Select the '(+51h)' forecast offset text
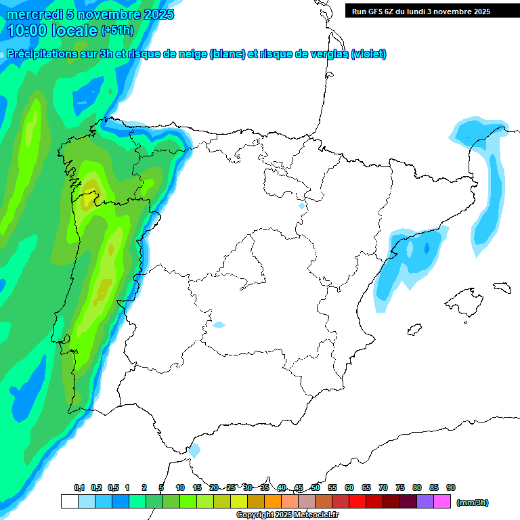click(117, 30)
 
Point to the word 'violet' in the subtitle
click(368, 54)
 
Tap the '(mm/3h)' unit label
click(472, 502)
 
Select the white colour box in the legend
click(69, 502)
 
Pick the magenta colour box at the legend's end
click(442, 502)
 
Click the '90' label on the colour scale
click(451, 488)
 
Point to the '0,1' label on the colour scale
click(79, 488)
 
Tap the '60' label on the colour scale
click(349, 488)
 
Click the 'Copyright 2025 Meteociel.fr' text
click(288, 515)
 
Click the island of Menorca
click(501, 287)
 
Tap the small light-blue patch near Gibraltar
click(195, 450)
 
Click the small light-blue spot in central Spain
click(218, 325)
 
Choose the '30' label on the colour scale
click(248, 488)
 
